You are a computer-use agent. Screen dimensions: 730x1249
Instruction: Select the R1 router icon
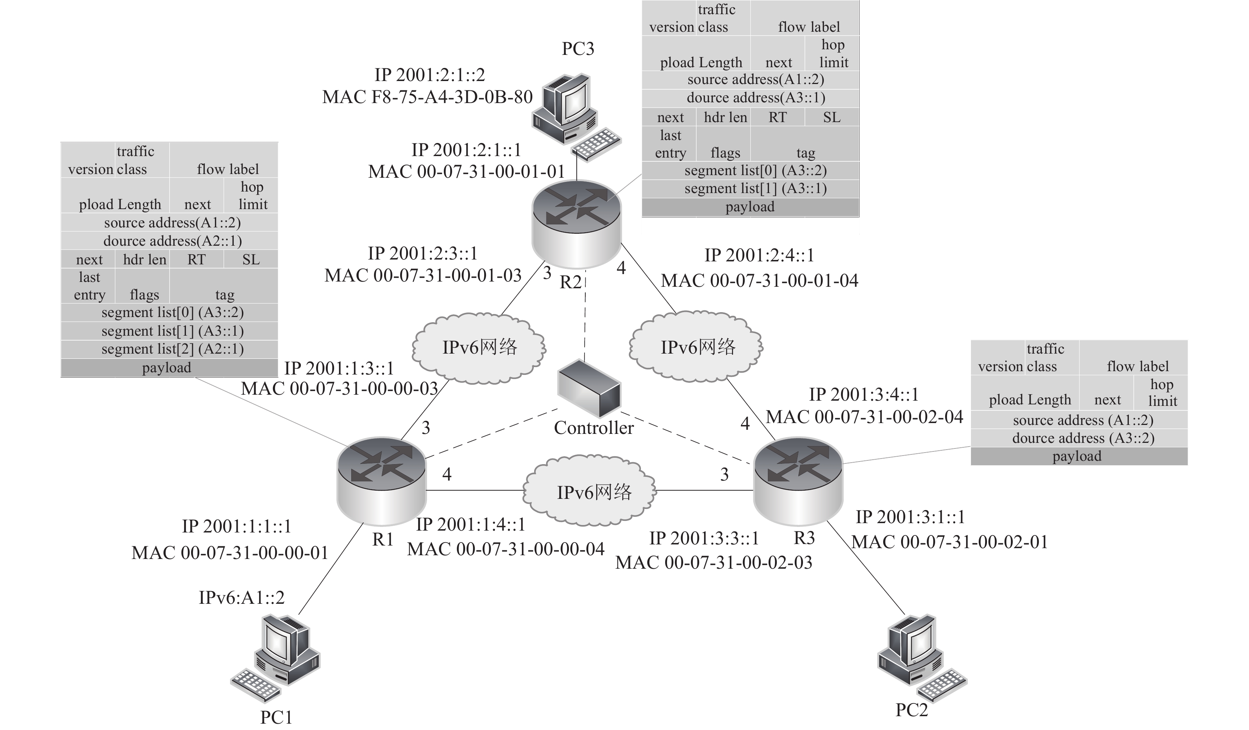(x=381, y=480)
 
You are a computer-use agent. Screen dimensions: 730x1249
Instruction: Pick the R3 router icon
(x=797, y=480)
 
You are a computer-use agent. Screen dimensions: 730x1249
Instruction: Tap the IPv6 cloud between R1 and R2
(x=479, y=347)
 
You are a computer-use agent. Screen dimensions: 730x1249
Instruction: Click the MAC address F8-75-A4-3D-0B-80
(x=427, y=97)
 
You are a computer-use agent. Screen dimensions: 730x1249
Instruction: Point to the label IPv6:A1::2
(x=242, y=597)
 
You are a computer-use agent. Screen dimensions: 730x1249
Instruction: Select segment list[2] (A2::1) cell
(x=172, y=349)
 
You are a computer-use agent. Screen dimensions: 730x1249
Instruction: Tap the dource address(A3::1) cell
(x=756, y=98)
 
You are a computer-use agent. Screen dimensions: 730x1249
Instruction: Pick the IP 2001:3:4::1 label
(x=864, y=395)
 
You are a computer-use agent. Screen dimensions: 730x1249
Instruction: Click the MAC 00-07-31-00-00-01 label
(x=230, y=553)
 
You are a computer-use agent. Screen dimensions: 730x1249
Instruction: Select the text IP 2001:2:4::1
(x=759, y=255)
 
